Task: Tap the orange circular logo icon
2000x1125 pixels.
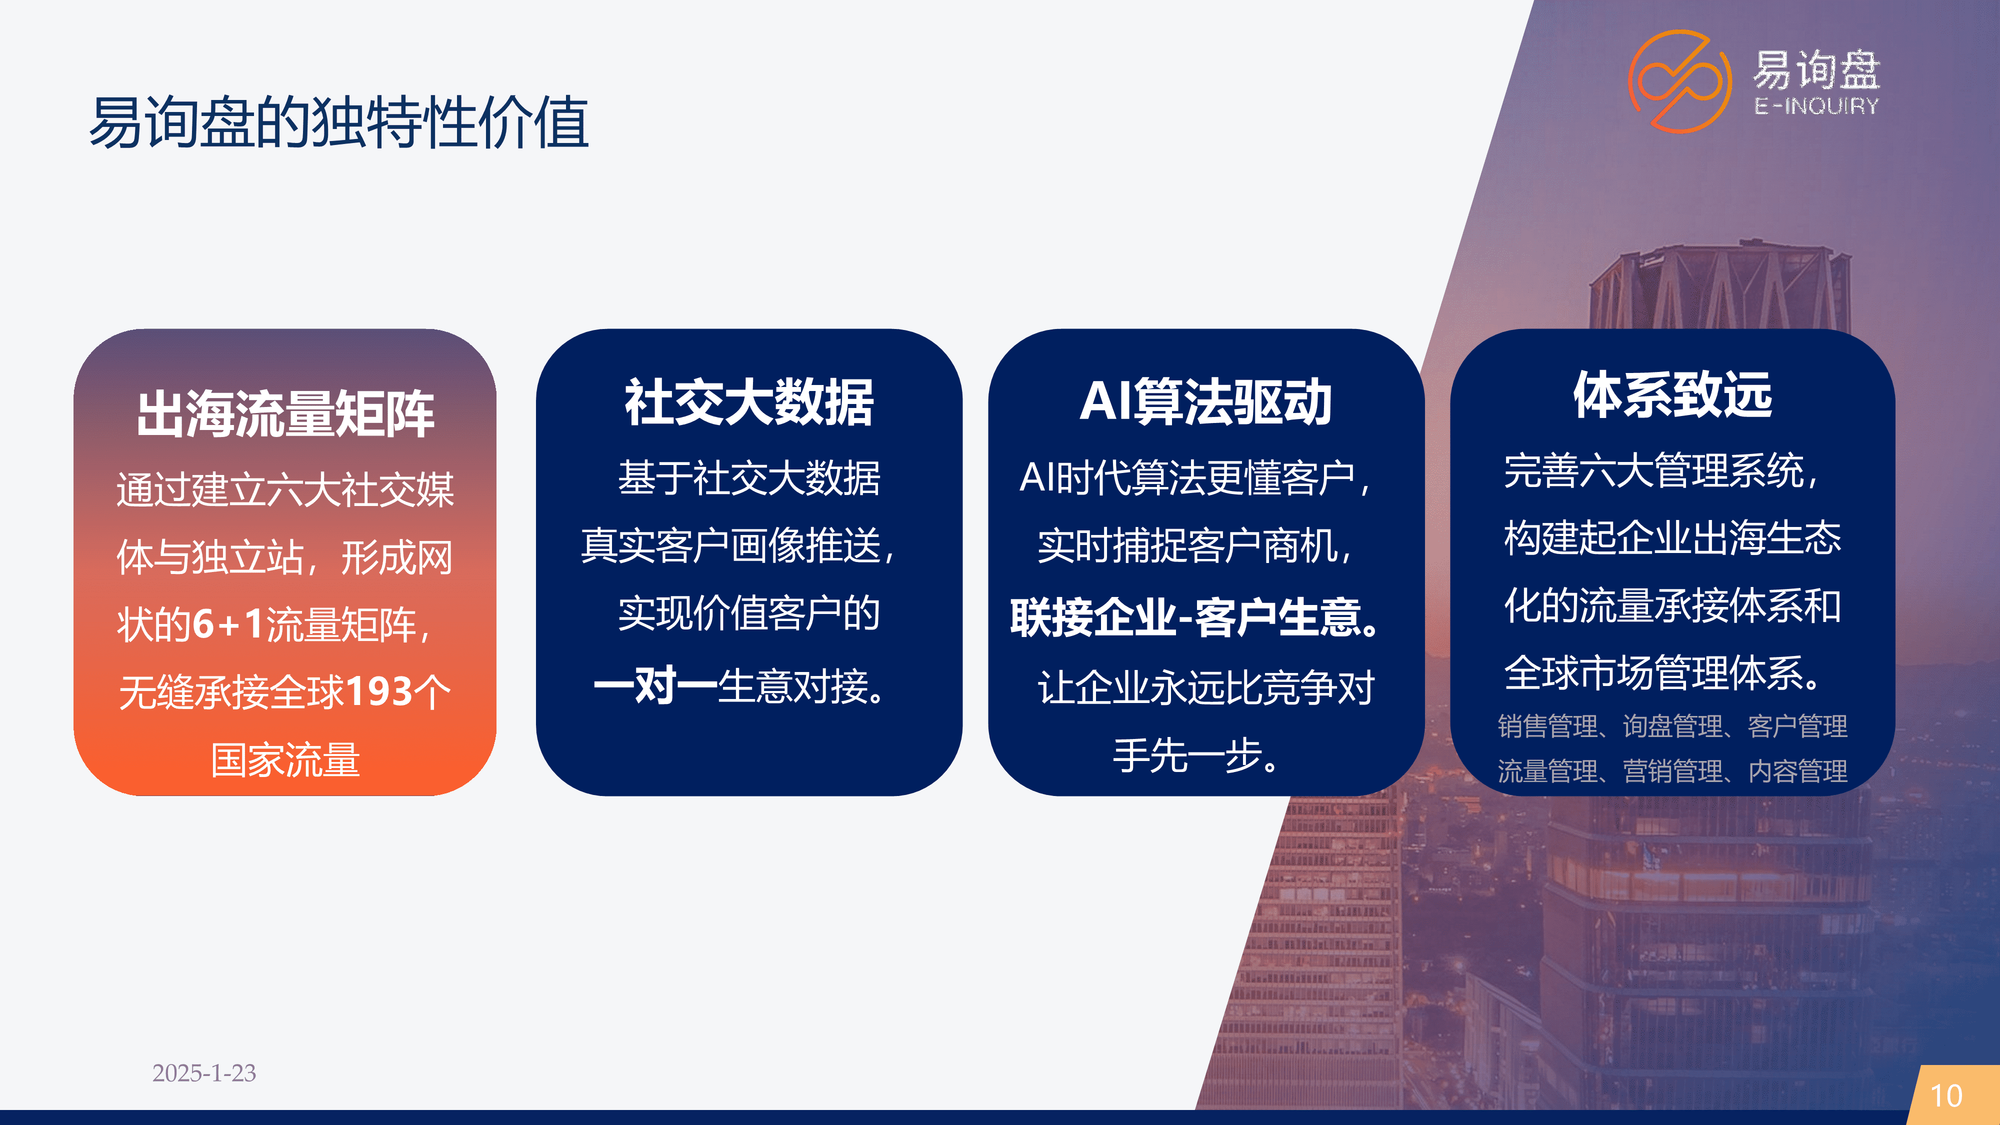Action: (x=1679, y=81)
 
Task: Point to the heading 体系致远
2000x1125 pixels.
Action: (x=1672, y=394)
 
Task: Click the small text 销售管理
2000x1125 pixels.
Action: (x=1547, y=726)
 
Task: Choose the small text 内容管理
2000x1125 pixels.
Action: (x=1797, y=771)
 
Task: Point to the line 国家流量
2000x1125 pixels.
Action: (x=285, y=759)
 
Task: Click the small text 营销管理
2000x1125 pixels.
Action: (x=1672, y=771)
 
